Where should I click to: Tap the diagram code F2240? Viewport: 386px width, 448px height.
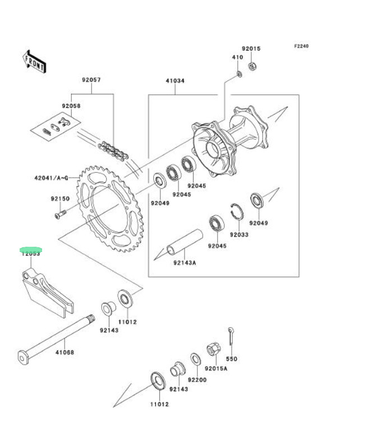301,46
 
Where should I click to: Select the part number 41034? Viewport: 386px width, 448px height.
174,81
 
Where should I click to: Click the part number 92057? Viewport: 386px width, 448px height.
91,80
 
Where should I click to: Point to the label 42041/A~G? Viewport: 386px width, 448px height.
51,179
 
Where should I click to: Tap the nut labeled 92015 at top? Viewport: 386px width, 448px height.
252,66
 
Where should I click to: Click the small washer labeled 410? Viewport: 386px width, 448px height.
238,74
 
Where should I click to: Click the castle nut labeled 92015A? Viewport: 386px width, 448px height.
214,350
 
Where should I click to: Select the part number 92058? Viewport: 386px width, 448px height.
71,106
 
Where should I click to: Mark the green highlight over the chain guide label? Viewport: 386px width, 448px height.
31,251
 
